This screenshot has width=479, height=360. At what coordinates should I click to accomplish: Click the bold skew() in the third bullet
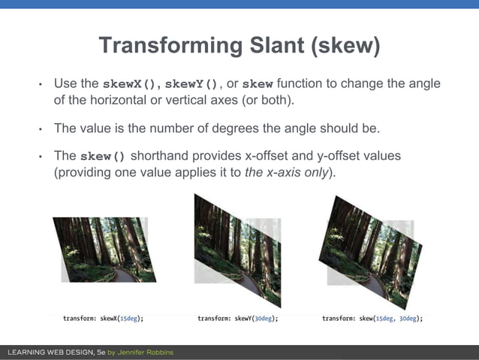[105, 156]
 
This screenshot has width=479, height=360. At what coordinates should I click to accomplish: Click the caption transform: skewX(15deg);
[103, 319]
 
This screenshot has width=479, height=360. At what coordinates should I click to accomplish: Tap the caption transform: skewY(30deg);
[238, 319]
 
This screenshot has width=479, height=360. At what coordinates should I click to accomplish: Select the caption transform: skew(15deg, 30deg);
[372, 319]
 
